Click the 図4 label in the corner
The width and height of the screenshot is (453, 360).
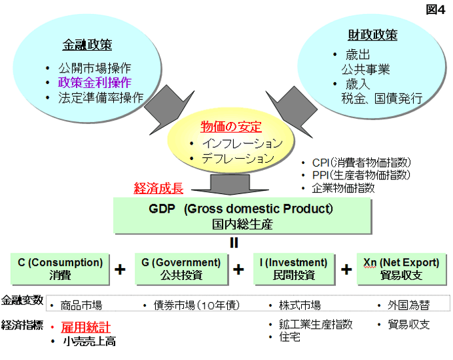tap(436, 9)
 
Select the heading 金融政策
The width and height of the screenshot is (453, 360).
tap(87, 45)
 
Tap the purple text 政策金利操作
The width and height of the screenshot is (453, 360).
tap(95, 83)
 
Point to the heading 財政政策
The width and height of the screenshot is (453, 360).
tap(372, 35)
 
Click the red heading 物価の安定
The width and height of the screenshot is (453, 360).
tap(231, 127)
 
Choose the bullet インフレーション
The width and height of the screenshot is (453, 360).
tap(242, 143)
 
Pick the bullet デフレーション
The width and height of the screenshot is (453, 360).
tap(238, 158)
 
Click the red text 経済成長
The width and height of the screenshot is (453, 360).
tap(159, 188)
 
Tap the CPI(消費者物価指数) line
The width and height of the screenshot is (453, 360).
tap(362, 163)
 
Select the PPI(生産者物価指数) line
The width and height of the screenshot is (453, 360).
tap(361, 175)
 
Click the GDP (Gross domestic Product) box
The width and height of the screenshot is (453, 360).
tap(242, 215)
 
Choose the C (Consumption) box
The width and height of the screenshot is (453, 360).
tap(60, 269)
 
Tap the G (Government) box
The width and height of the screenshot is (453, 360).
tap(181, 269)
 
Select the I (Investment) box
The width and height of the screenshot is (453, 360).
tap(294, 269)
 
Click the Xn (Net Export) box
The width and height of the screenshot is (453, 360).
tap(402, 269)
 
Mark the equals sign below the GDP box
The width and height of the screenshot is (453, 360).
tap(234, 243)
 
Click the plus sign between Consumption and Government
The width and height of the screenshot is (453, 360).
tap(120, 269)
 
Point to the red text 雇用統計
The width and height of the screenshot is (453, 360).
tap(86, 327)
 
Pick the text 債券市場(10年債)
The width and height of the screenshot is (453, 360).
tap(197, 305)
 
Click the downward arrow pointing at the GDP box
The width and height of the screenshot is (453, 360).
tap(230, 185)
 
